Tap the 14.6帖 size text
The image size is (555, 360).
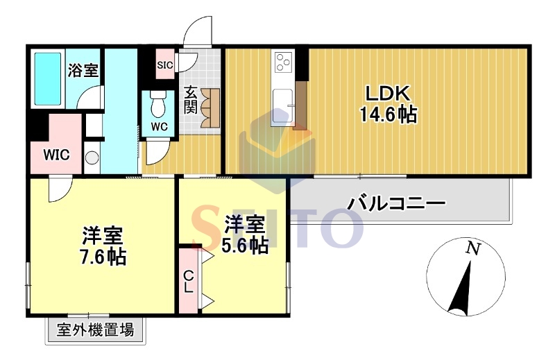pyautogui.click(x=388, y=114)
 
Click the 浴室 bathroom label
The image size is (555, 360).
pyautogui.click(x=82, y=70)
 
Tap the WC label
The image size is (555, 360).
pyautogui.click(x=159, y=127)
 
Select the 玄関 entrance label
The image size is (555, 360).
pyautogui.click(x=191, y=99)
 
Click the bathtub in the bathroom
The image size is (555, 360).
pyautogui.click(x=48, y=77)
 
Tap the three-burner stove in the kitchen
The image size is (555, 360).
pyautogui.click(x=284, y=63)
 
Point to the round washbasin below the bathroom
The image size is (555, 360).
pyautogui.click(x=92, y=157)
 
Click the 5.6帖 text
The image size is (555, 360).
pyautogui.click(x=245, y=245)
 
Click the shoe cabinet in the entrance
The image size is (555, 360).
pyautogui.click(x=210, y=109)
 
